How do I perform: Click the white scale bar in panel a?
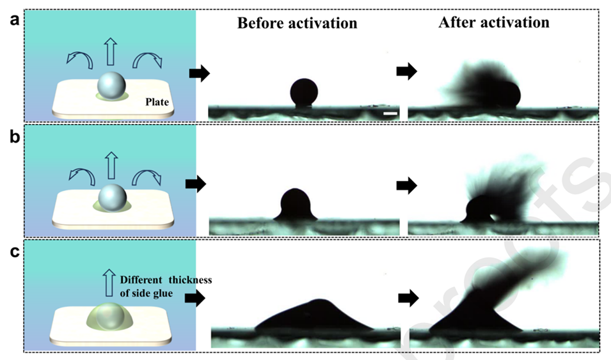(x=391, y=113)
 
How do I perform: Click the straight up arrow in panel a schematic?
(x=111, y=51)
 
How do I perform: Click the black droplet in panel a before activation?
(x=304, y=92)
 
